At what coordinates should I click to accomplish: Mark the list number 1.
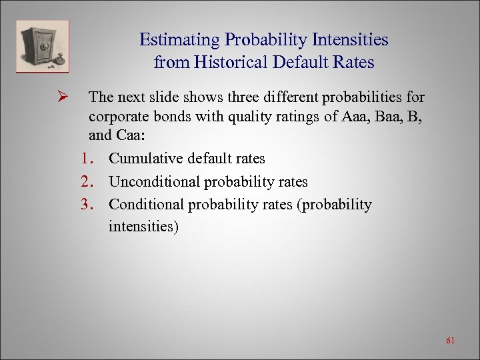(87, 159)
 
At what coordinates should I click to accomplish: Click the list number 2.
(87, 182)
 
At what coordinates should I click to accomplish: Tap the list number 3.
(87, 205)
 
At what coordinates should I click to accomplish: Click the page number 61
(450, 341)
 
